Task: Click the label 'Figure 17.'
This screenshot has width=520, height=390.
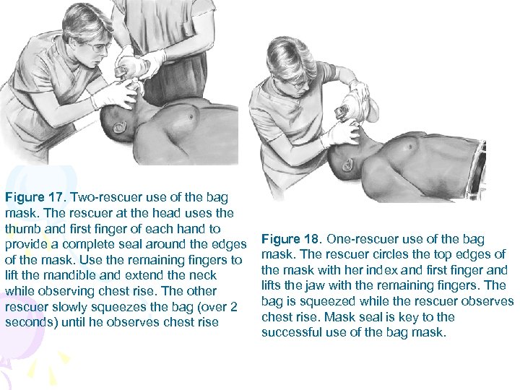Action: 35,196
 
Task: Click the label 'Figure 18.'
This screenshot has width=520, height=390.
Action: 291,239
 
